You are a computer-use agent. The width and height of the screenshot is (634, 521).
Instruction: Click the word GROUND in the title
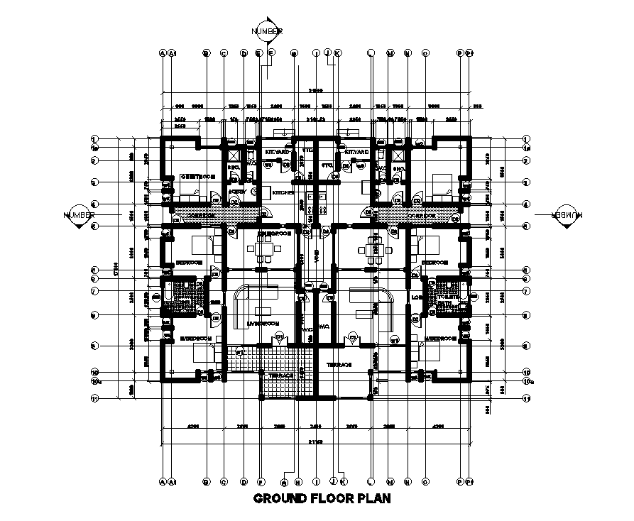(280, 498)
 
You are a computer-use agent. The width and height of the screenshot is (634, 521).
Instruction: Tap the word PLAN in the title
(373, 498)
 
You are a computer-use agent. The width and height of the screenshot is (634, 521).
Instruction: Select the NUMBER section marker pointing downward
(267, 31)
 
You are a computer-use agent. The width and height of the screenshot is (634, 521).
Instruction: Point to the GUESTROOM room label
(197, 176)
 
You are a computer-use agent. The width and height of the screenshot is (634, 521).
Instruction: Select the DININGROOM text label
(274, 233)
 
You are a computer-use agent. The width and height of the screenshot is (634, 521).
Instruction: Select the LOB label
(416, 297)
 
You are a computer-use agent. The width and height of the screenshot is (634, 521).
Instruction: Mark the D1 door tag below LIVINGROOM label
(280, 336)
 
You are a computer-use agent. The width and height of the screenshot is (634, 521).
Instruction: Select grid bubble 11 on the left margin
(94, 399)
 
